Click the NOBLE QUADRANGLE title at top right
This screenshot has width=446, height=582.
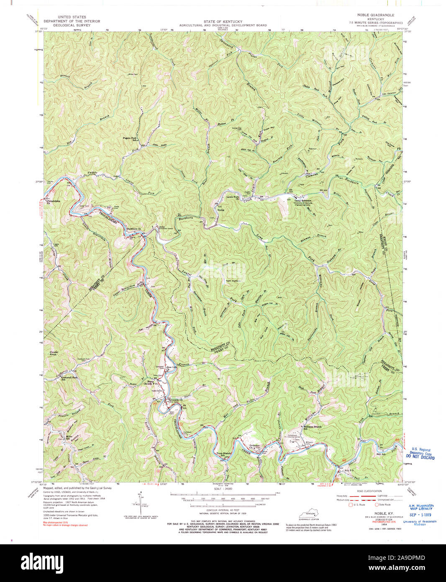(x=375, y=15)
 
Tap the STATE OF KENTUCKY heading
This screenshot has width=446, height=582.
(x=223, y=21)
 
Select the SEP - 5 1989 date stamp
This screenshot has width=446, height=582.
(x=420, y=515)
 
